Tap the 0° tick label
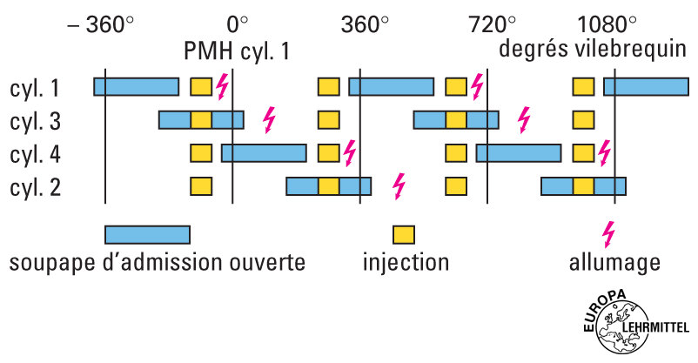pyautogui.click(x=237, y=24)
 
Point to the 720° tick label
pyautogui.click(x=493, y=24)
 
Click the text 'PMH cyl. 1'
pyautogui.click(x=236, y=50)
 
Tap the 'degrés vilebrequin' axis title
pyautogui.click(x=594, y=49)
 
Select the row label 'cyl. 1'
pyautogui.click(x=35, y=88)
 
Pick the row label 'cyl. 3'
pyautogui.click(x=35, y=121)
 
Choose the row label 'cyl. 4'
pyautogui.click(x=35, y=154)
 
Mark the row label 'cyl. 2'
pyautogui.click(x=35, y=187)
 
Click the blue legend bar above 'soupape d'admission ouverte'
pyautogui.click(x=147, y=235)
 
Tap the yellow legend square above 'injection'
pyautogui.click(x=404, y=235)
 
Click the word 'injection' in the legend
pyautogui.click(x=406, y=262)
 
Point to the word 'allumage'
pyautogui.click(x=614, y=262)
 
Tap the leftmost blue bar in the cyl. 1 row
pyautogui.click(x=137, y=86)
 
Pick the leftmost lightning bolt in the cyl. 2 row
pyautogui.click(x=399, y=185)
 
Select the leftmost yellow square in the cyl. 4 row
pyautogui.click(x=201, y=153)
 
